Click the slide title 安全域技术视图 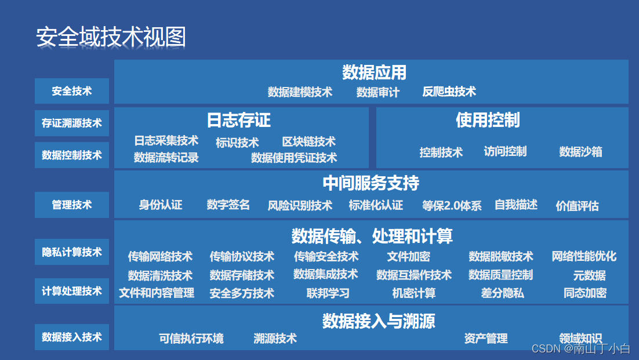tap(111, 37)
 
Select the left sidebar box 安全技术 tap(72, 91)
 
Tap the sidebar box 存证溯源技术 tap(72, 123)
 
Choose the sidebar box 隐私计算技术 tap(72, 252)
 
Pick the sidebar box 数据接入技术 tap(72, 337)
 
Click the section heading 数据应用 tap(374, 72)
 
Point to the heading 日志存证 tap(238, 120)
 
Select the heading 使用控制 tap(488, 120)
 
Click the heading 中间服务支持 tap(371, 183)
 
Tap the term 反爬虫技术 tap(449, 92)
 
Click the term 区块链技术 tap(308, 142)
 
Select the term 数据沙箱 tap(580, 152)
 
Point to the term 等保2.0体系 tap(452, 206)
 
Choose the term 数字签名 tap(228, 205)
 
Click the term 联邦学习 tap(328, 293)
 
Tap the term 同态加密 tap(585, 293)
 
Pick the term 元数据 tap(589, 275)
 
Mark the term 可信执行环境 tap(191, 339)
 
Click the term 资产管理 tap(486, 339)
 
